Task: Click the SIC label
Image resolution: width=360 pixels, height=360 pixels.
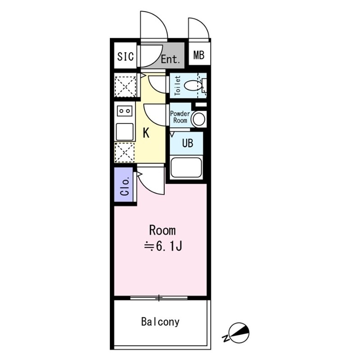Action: [126, 56]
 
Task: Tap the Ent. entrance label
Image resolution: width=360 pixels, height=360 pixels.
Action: [170, 59]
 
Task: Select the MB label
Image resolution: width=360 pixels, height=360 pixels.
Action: [199, 55]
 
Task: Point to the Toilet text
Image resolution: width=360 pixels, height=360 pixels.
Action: [177, 85]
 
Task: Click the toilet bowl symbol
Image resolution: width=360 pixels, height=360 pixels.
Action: [193, 85]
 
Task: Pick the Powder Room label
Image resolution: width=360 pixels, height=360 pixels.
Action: [180, 117]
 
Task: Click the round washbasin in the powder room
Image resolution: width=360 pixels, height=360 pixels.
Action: [199, 119]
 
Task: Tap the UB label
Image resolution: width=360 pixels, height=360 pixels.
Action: [188, 143]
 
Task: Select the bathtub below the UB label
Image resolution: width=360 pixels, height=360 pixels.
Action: [186, 167]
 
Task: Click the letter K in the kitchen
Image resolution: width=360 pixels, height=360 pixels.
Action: [146, 133]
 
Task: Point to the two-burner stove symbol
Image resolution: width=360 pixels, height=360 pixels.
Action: [125, 111]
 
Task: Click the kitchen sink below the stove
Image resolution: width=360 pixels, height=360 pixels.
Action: [125, 132]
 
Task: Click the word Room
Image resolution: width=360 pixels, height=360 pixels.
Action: [162, 230]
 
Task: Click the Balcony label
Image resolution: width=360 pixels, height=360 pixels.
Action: [160, 322]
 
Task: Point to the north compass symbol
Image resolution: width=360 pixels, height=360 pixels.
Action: [237, 333]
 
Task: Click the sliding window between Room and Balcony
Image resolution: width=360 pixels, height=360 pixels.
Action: [159, 298]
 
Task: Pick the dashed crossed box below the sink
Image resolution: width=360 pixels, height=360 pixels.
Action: [124, 153]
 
